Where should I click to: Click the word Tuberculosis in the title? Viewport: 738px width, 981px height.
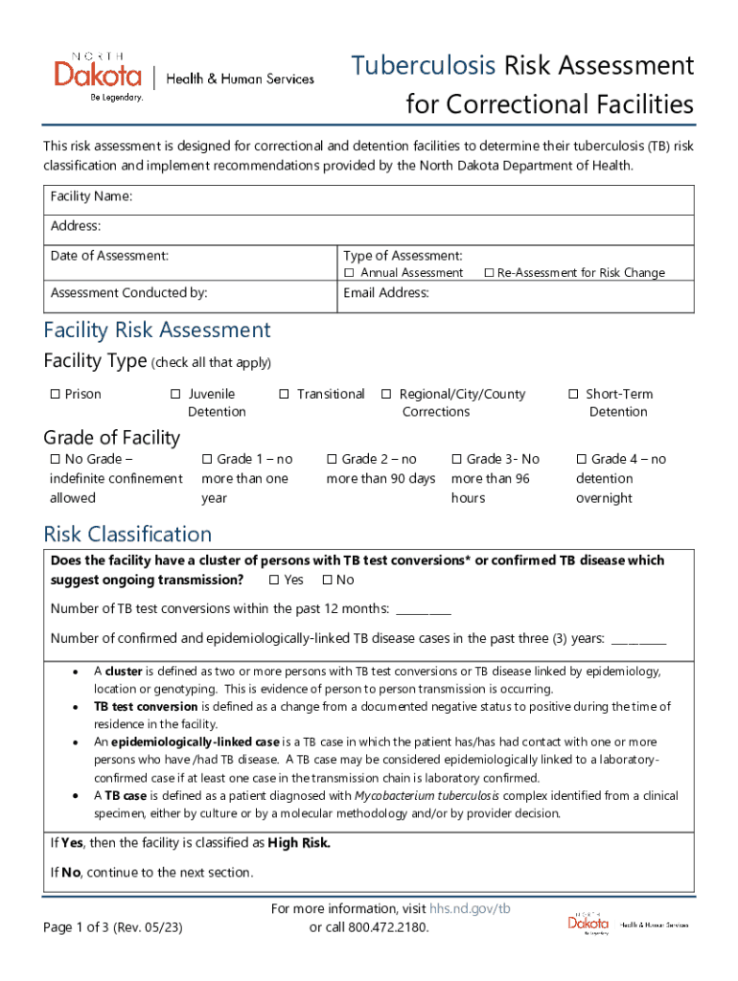[x=423, y=65]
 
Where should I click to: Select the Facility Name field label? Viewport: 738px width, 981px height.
[x=91, y=196]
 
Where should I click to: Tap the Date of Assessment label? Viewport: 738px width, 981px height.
[x=109, y=256]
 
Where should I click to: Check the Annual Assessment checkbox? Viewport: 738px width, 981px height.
[x=349, y=273]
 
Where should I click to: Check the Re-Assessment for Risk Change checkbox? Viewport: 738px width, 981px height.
[x=489, y=273]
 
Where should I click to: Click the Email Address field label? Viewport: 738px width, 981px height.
[x=386, y=293]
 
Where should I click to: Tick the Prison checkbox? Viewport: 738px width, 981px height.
[x=55, y=395]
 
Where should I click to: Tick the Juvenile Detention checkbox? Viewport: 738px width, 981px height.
[x=175, y=395]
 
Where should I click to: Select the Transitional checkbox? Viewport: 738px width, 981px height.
[x=285, y=395]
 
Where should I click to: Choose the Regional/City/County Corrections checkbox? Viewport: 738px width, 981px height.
[x=386, y=395]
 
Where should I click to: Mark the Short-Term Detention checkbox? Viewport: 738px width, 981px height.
[x=573, y=395]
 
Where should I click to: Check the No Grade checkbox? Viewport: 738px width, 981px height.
[x=55, y=460]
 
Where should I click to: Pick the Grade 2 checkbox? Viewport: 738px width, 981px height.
[x=333, y=460]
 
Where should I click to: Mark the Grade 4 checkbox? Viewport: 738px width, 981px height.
[x=581, y=460]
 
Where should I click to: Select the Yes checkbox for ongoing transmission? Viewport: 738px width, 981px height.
[x=274, y=581]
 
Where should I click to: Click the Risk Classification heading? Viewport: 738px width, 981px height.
[x=127, y=534]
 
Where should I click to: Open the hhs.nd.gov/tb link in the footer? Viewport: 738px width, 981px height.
[x=471, y=908]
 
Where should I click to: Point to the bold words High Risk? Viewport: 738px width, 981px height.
[x=299, y=843]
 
